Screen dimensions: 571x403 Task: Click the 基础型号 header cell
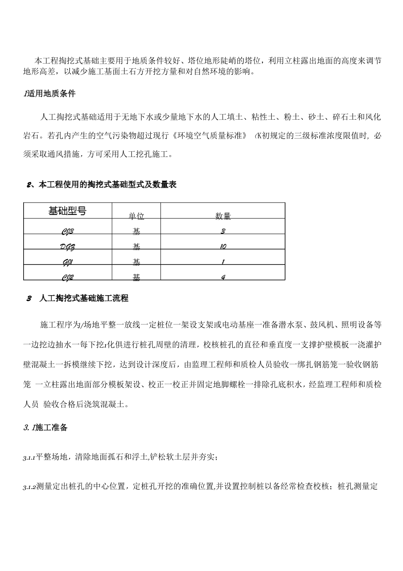[x=67, y=211]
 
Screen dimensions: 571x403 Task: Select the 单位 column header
[x=136, y=216]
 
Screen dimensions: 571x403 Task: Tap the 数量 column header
[x=223, y=216]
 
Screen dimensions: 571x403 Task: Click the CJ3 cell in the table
[x=67, y=231]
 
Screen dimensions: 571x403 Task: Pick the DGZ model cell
[x=67, y=247]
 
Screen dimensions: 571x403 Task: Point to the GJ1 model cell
[x=67, y=262]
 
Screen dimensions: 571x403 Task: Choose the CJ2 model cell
[x=67, y=277]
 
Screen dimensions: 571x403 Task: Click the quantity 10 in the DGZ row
[x=223, y=247]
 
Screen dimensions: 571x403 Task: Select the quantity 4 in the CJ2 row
[x=223, y=277]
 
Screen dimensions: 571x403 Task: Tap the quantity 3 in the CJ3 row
[x=223, y=231]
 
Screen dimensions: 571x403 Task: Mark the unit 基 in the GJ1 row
[x=136, y=262]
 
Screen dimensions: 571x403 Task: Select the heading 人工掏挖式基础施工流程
[x=83, y=299]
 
